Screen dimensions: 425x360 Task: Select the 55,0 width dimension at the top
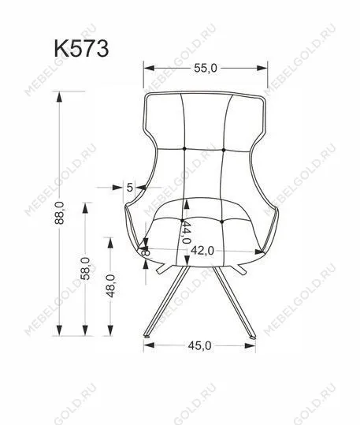[204, 69]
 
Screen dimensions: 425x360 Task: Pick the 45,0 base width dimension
[199, 345]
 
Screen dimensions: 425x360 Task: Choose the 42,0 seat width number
[202, 251]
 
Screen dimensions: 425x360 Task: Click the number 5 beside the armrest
[130, 187]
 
